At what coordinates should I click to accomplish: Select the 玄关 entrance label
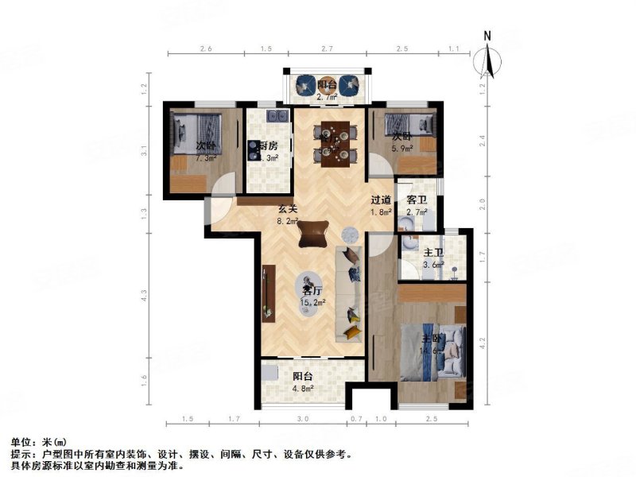tap(287, 210)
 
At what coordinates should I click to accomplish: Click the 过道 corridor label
tap(381, 200)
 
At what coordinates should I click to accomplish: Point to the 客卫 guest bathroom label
tap(417, 200)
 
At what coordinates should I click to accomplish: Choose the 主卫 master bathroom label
tap(432, 253)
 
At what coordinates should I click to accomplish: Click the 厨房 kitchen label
tap(267, 145)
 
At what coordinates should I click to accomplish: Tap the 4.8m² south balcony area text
tap(303, 389)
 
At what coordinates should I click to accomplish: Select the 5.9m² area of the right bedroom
tap(401, 148)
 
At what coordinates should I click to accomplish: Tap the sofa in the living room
tap(350, 294)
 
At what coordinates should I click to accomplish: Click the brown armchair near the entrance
tap(313, 232)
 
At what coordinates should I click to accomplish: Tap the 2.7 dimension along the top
tap(325, 49)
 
